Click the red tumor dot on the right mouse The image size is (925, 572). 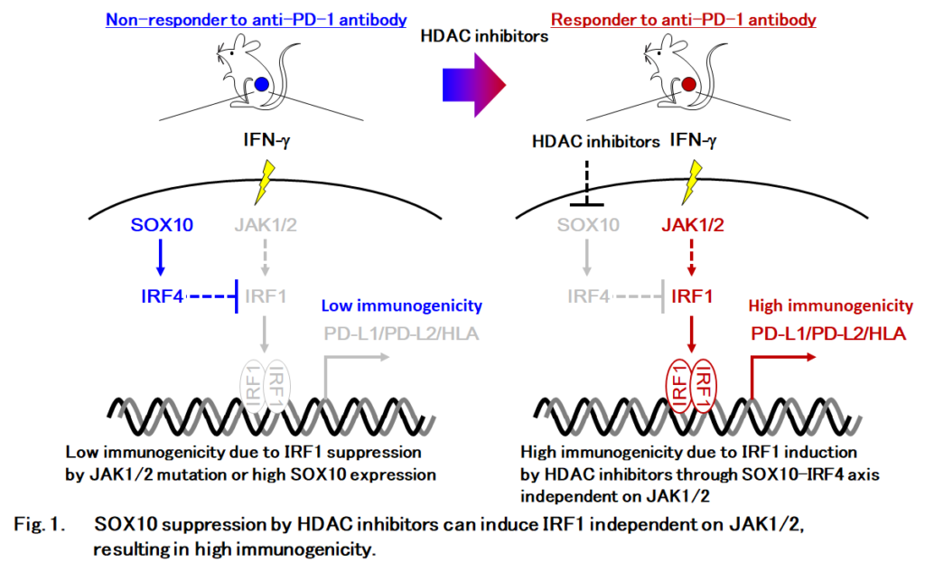(x=689, y=86)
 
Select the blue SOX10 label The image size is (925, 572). (x=160, y=225)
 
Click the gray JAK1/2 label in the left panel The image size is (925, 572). (x=263, y=225)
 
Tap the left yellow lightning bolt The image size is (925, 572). (x=264, y=181)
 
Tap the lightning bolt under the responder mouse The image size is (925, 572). (x=691, y=181)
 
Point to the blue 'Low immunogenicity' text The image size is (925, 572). (x=401, y=307)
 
